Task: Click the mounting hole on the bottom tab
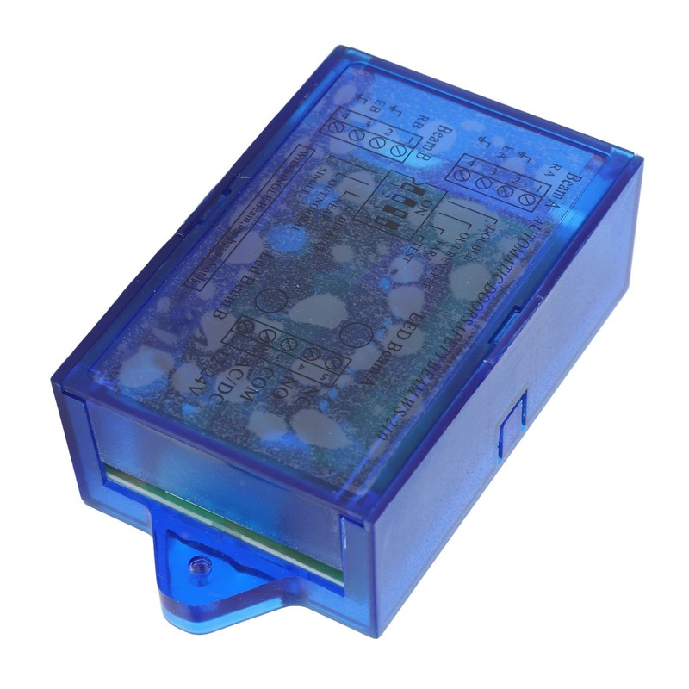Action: [199, 566]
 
